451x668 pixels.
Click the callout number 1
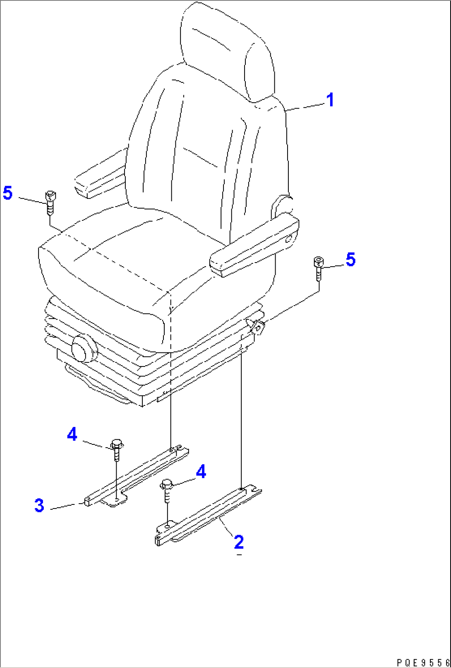pos(330,100)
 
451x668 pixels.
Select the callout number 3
pos(39,506)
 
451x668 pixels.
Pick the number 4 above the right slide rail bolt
pos(201,472)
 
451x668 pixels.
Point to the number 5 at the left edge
pos(8,193)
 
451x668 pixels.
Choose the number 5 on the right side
pos(350,259)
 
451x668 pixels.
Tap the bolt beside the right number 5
pos(319,268)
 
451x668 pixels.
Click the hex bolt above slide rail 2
pos(166,490)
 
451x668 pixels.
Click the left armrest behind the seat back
pos(101,174)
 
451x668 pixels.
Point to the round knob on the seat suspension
pos(84,349)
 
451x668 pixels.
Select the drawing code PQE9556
pos(423,662)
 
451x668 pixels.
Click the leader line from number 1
pos(305,107)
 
